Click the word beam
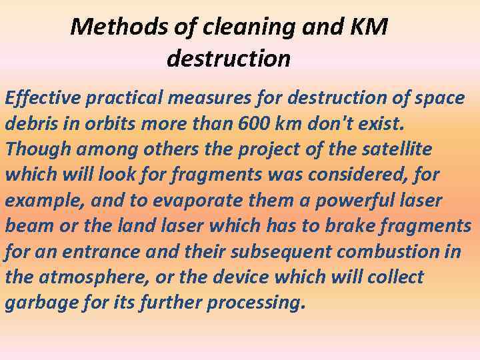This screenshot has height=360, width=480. (27, 225)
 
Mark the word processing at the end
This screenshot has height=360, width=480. (256, 303)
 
